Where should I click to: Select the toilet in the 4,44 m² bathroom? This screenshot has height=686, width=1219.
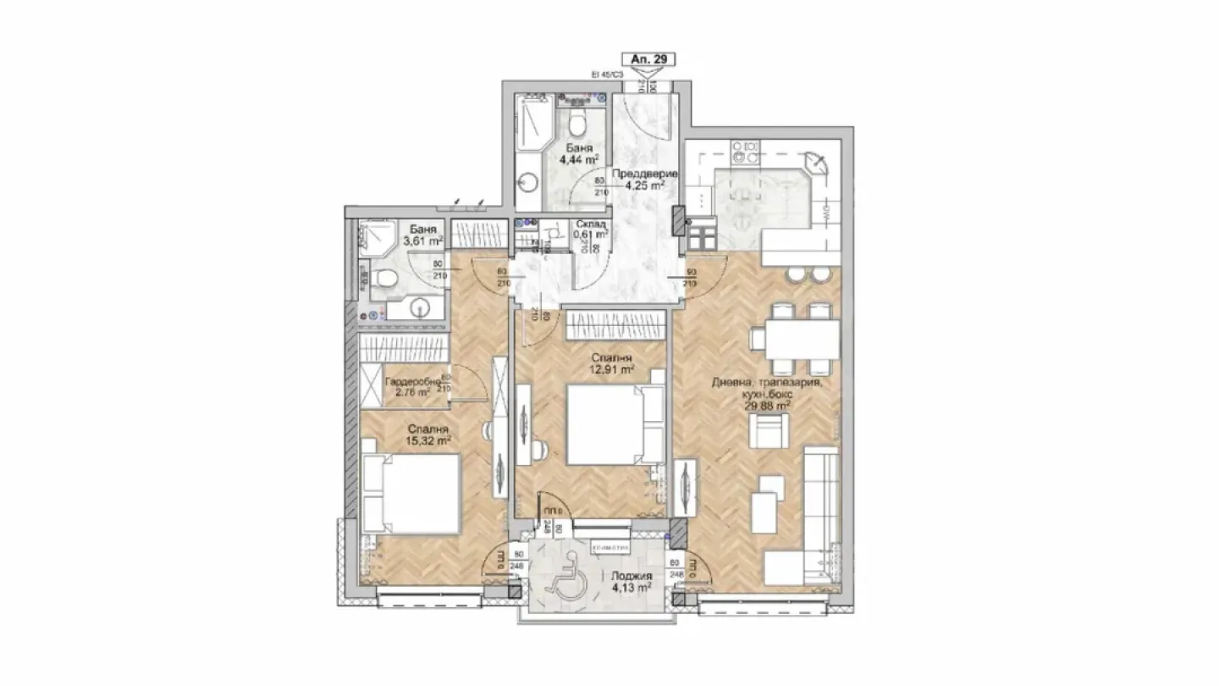click(x=577, y=123)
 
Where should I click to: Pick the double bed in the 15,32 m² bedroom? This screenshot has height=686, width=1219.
click(x=411, y=494)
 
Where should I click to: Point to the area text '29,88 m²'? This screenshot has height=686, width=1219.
click(x=767, y=405)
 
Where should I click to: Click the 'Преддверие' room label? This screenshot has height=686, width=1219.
click(x=650, y=174)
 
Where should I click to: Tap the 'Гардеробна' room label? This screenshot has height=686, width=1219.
click(x=413, y=382)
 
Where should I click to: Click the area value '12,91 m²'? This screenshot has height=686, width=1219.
click(x=613, y=369)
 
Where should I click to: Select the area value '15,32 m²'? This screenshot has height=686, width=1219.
click(x=427, y=440)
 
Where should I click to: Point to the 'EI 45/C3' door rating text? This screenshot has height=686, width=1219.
click(x=607, y=75)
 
